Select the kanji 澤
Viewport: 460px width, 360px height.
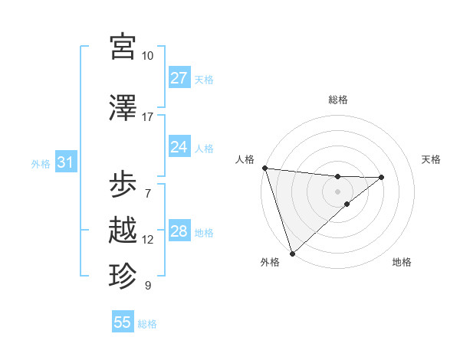123,107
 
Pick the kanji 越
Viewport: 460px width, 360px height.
123,230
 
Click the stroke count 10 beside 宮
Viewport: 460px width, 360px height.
147,56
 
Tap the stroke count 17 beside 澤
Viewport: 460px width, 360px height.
147,117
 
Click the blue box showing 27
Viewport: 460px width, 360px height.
179,78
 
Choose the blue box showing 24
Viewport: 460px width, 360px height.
179,147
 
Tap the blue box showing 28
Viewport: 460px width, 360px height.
179,231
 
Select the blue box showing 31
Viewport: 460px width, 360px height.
65,162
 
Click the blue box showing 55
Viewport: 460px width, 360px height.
123,322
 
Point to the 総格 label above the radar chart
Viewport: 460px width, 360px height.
338,100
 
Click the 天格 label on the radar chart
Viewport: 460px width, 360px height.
432,159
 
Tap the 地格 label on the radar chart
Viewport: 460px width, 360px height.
402,262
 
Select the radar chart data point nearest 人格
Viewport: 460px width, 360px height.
264,168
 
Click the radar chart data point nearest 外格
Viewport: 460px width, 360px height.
292,253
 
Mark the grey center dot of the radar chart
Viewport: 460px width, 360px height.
337,191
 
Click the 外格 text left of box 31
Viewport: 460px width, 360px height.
41,163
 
